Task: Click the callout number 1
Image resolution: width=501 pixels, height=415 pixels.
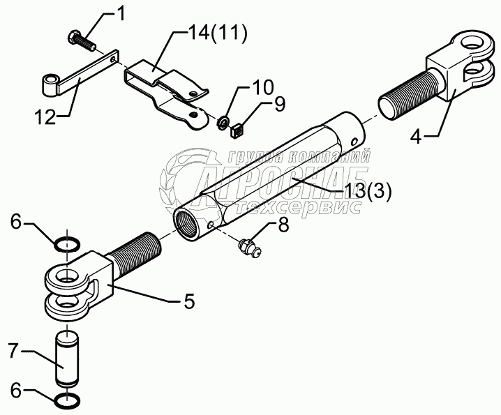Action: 120,12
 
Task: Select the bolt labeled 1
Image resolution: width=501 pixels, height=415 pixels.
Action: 78,40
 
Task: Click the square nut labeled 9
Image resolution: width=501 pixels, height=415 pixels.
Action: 236,129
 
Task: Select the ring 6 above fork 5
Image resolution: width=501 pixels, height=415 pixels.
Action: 67,243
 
